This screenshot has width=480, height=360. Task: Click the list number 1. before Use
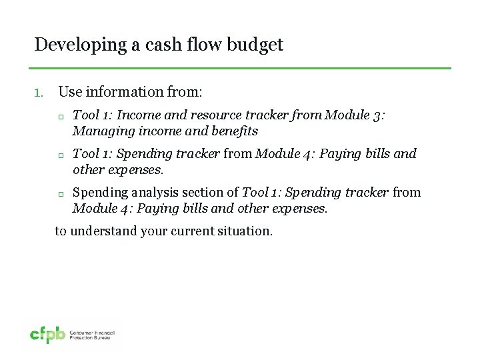[x=39, y=92]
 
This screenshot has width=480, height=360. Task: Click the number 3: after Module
[x=379, y=115]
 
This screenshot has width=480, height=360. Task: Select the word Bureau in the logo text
[x=105, y=338]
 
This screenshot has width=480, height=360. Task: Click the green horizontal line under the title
[x=240, y=68]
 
